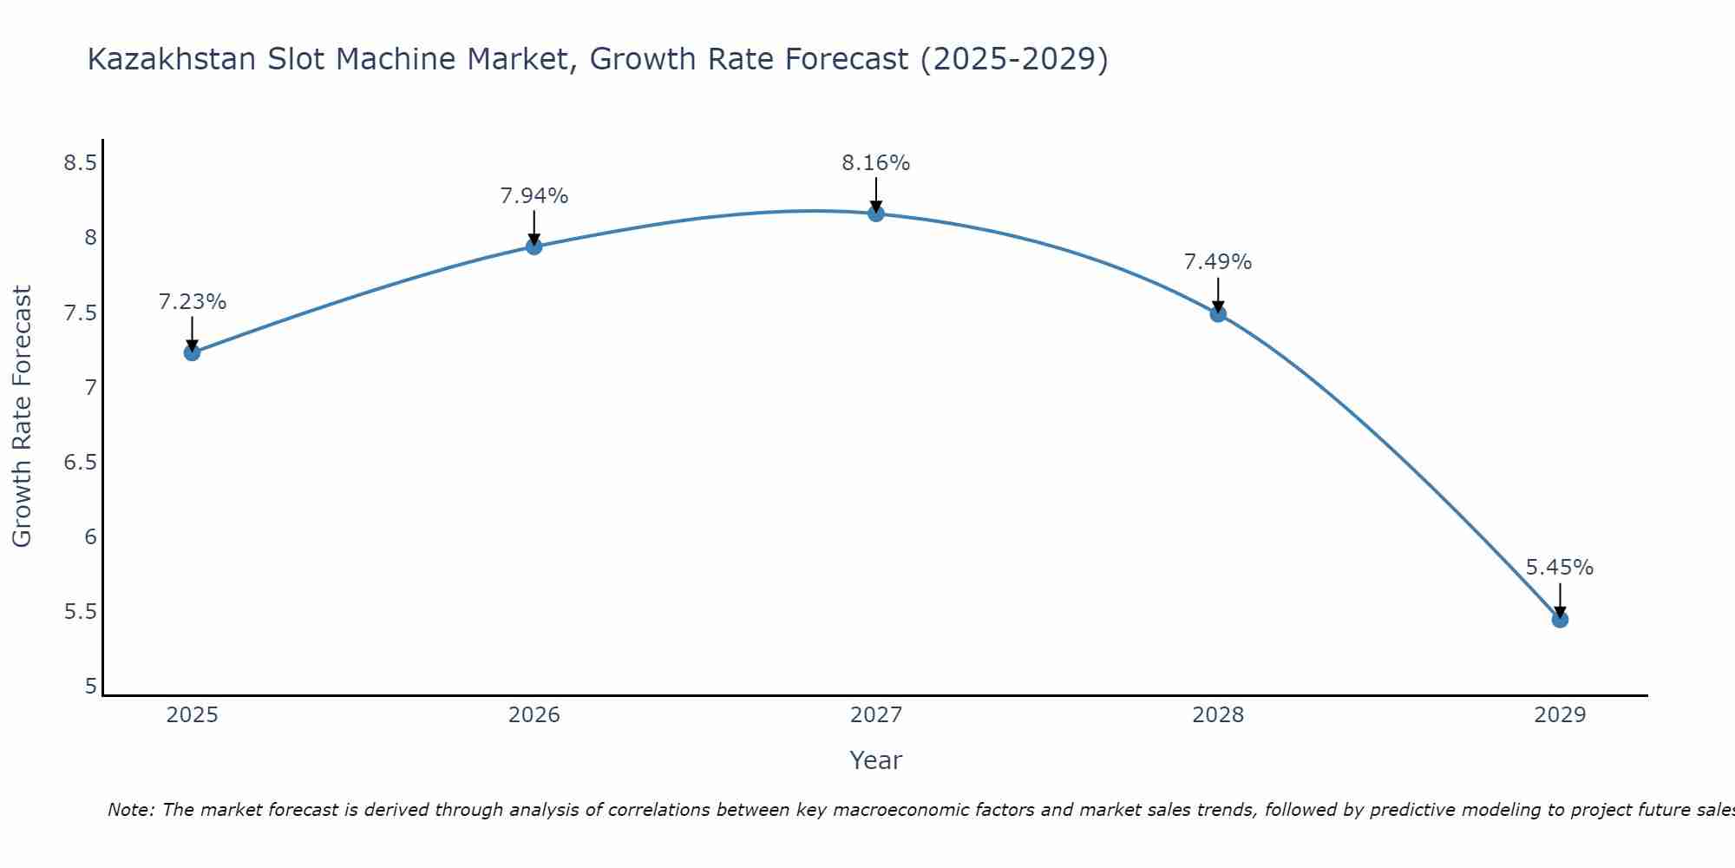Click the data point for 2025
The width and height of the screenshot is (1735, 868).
192,352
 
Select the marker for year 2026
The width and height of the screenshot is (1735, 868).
534,247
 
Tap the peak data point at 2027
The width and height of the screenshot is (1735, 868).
876,214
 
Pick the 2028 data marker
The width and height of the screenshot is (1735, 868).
1218,314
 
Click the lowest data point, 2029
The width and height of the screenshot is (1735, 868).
1560,620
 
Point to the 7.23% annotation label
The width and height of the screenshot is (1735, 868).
192,302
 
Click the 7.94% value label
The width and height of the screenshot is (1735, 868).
534,196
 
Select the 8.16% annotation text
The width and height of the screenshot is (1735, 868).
876,163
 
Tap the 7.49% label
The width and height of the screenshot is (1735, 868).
1218,262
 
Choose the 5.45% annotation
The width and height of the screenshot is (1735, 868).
1560,568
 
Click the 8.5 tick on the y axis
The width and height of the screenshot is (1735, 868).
80,163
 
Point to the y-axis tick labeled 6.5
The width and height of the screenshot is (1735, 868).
80,463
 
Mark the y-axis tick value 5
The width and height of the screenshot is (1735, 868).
91,687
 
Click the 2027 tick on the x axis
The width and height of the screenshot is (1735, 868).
876,715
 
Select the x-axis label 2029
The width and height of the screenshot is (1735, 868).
1560,715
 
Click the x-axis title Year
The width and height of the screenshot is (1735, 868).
876,760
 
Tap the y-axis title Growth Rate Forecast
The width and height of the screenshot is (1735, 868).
23,417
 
